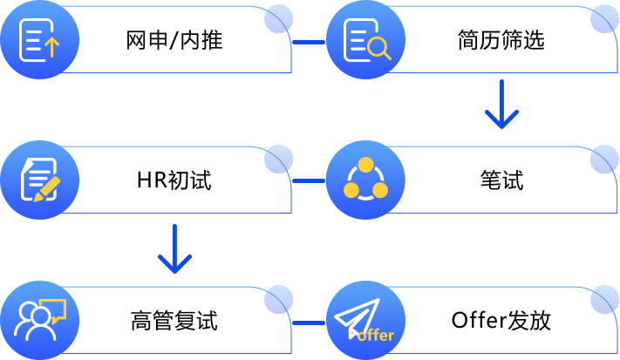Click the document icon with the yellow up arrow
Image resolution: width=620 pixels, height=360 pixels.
point(39,40)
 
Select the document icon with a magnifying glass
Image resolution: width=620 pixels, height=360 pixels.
point(365,40)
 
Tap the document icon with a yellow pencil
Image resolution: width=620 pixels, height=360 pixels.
point(39,180)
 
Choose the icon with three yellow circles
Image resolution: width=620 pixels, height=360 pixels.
point(365,180)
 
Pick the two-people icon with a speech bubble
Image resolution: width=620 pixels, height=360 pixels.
point(39,321)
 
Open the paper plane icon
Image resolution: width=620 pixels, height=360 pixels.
point(365,319)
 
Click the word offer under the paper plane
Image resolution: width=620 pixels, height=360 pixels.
point(376,336)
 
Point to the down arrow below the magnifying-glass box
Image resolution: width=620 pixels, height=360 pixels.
point(501,105)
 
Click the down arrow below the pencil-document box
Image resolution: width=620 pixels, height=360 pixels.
point(174,248)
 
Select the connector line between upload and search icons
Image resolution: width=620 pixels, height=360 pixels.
point(309,41)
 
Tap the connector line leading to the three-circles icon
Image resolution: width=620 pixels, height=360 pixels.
point(309,180)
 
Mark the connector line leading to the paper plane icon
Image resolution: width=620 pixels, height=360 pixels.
point(309,322)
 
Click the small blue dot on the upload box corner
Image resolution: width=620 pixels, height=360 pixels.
point(278,19)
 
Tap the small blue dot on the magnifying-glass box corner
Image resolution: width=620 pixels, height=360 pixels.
point(604,19)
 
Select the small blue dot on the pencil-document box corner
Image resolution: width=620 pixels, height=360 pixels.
point(278,159)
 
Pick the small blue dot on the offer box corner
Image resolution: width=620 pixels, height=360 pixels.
point(604,300)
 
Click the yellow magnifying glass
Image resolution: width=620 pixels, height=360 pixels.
point(380,50)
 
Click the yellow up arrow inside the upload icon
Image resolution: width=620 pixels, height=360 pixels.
point(51,47)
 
